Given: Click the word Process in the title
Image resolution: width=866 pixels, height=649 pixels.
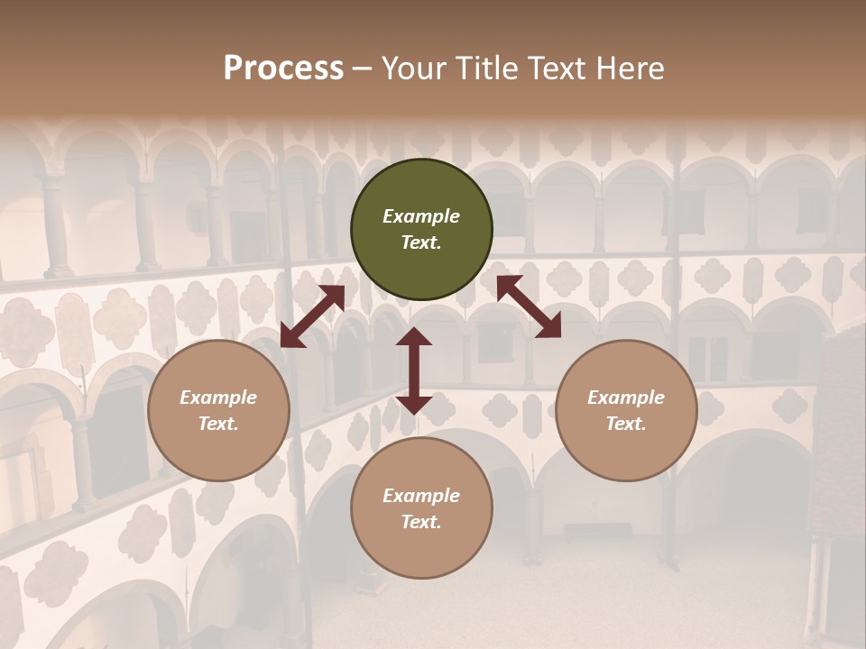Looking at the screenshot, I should pyautogui.click(x=283, y=69).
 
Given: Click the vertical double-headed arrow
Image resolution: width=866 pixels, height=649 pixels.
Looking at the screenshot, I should pyautogui.click(x=414, y=370).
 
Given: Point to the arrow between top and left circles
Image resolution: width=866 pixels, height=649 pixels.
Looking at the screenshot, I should pyautogui.click(x=312, y=316).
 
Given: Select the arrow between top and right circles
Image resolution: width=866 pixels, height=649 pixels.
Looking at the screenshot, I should pyautogui.click(x=529, y=306).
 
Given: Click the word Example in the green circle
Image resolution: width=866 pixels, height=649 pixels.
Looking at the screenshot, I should pyautogui.click(x=421, y=216).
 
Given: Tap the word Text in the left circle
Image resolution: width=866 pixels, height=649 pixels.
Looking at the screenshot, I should pyautogui.click(x=218, y=424).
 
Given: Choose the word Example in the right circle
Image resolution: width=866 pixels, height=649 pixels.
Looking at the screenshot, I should pyautogui.click(x=626, y=398).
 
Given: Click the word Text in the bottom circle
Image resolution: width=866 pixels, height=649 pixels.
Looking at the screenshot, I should pyautogui.click(x=421, y=522).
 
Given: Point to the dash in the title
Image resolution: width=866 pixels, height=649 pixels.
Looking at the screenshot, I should pyautogui.click(x=363, y=69).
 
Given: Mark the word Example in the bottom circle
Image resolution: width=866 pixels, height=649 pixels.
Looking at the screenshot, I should pyautogui.click(x=421, y=496).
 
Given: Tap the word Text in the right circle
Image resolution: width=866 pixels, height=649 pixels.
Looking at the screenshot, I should pyautogui.click(x=626, y=424).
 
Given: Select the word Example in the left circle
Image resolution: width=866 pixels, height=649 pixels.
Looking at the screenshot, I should pyautogui.click(x=218, y=398).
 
